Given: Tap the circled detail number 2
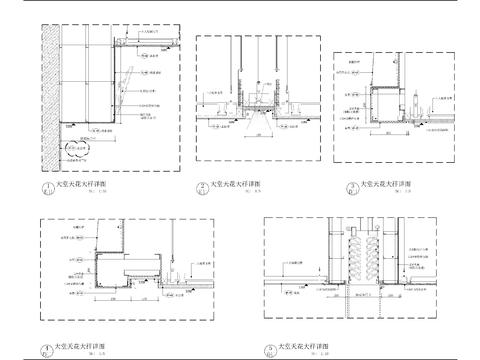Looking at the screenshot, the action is coord(203,186).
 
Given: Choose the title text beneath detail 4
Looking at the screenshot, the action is coord(76,346).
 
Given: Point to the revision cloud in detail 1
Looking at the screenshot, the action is coord(73,153).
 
